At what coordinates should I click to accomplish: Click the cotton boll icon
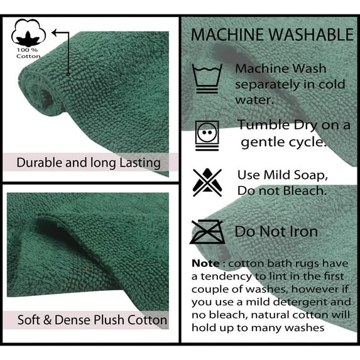28,33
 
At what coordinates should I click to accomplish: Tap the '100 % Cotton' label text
28,53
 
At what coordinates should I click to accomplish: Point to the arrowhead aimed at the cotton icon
55,33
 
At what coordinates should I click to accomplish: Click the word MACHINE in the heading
227,35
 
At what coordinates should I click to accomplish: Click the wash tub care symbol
207,79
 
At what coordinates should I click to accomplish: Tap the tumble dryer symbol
207,136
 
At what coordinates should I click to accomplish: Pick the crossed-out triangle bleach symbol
207,183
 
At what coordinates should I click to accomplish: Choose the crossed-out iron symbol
207,232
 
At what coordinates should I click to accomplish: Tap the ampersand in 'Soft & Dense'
47,320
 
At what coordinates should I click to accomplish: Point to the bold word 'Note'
205,263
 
